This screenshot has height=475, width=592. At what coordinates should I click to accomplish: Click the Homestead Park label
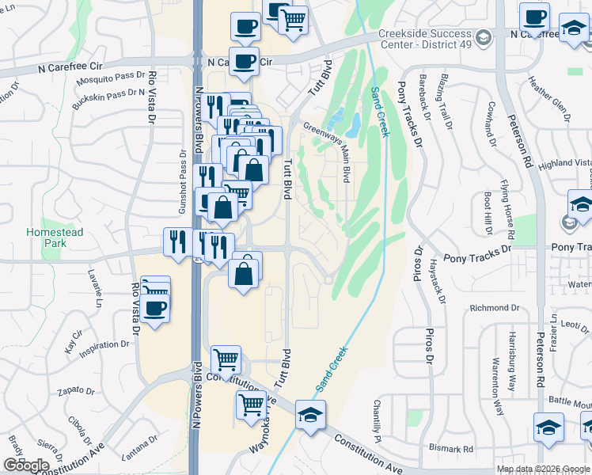[55, 237]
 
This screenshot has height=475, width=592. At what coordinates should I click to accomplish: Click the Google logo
[26, 465]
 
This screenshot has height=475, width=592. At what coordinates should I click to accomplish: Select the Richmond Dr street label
[494, 307]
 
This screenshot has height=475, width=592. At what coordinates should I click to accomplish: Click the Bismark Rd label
[451, 449]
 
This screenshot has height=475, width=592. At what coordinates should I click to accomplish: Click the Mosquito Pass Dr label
[107, 82]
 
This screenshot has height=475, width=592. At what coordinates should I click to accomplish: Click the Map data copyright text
[543, 469]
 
